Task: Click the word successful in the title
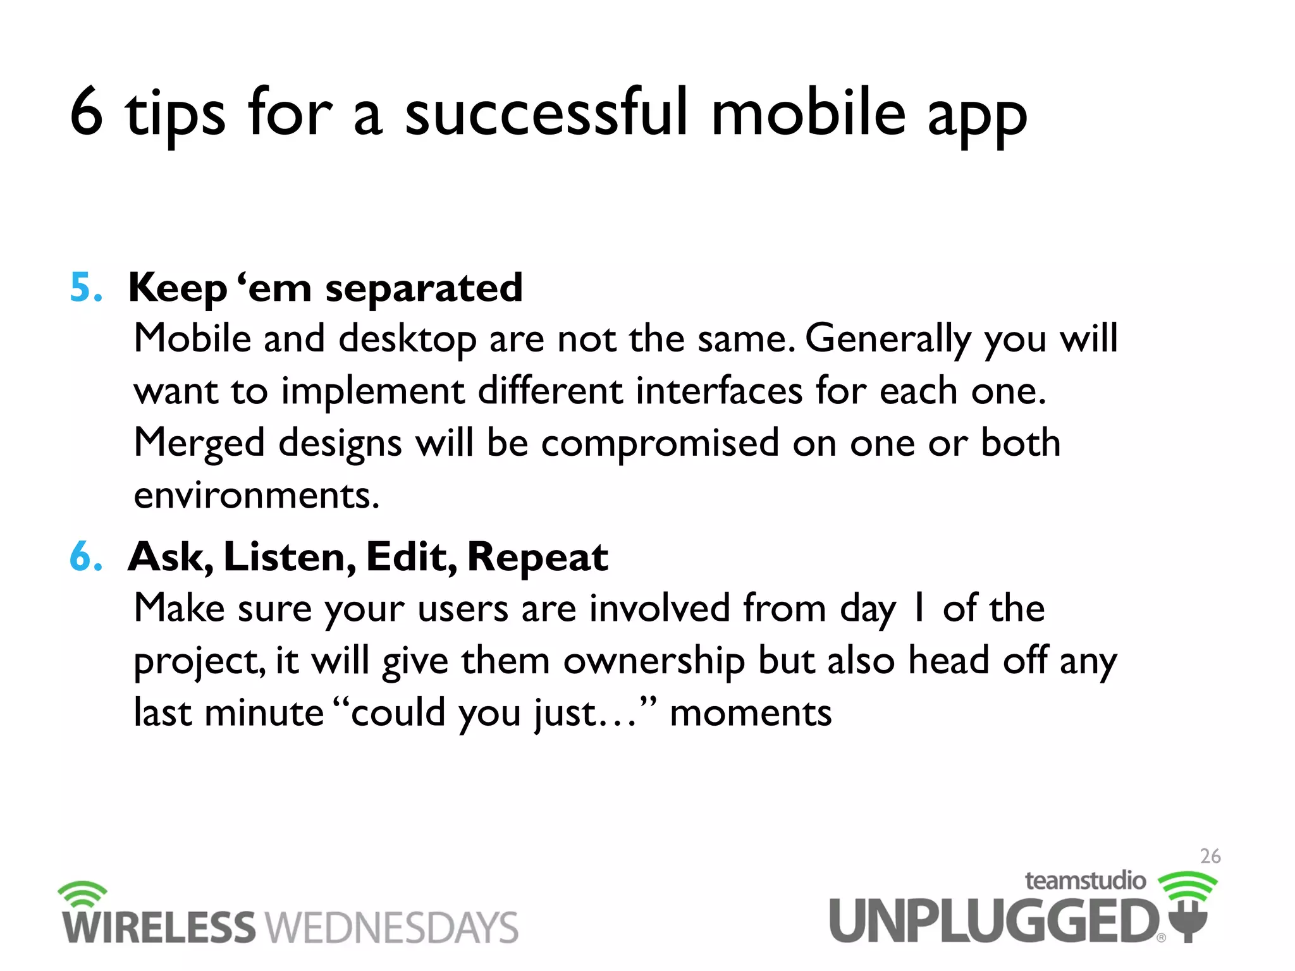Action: tap(545, 114)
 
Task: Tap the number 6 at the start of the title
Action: tap(87, 113)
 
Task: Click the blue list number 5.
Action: tap(85, 288)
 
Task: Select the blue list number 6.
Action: tap(85, 557)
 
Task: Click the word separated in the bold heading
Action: tap(424, 289)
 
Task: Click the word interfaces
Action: tap(718, 391)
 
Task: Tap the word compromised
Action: tap(660, 443)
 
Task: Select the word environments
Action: tap(256, 495)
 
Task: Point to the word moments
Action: tap(750, 713)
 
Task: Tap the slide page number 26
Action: tap(1210, 856)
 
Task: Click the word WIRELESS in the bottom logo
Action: tap(159, 927)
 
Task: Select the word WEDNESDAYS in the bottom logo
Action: tap(391, 927)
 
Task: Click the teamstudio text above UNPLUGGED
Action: tap(1085, 881)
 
